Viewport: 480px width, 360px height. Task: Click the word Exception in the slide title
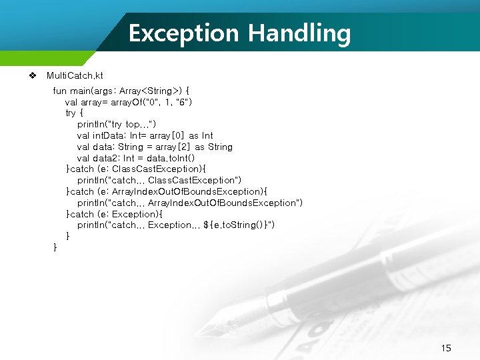183,33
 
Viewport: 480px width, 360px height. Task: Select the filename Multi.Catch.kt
75,76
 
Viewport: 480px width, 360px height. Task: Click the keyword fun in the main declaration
59,90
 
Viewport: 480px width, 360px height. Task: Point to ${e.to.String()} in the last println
237,225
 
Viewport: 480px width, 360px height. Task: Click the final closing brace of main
55,248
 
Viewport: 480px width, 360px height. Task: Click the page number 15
446,348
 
